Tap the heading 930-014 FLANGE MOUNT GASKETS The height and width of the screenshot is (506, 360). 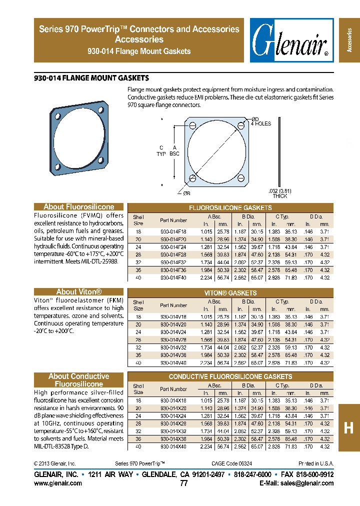click(91, 78)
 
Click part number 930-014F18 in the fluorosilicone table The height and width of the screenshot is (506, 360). click(173, 232)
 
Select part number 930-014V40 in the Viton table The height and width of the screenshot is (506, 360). click(173, 363)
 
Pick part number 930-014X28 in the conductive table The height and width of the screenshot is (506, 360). click(173, 423)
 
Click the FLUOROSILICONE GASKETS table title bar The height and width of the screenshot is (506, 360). click(230, 207)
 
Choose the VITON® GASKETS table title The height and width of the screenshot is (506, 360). click(230, 293)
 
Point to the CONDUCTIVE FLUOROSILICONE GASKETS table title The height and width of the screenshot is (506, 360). click(230, 376)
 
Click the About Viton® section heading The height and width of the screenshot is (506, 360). click(79, 292)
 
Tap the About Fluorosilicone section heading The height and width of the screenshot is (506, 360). click(79, 207)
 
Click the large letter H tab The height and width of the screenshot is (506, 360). click(349, 427)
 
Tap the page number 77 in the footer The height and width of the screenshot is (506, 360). click(183, 483)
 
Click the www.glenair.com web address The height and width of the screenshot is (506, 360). click(58, 483)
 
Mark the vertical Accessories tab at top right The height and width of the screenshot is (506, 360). click(349, 40)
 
